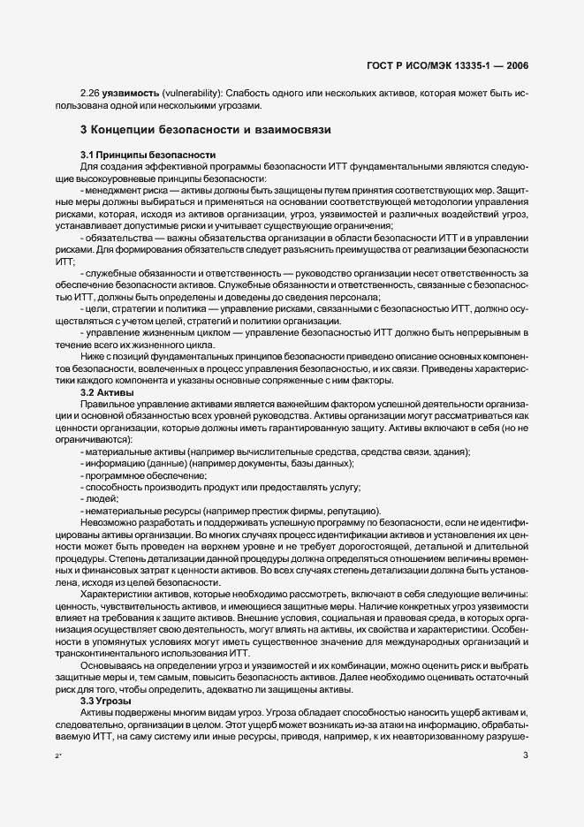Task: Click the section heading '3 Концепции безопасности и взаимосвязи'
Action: [205, 130]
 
